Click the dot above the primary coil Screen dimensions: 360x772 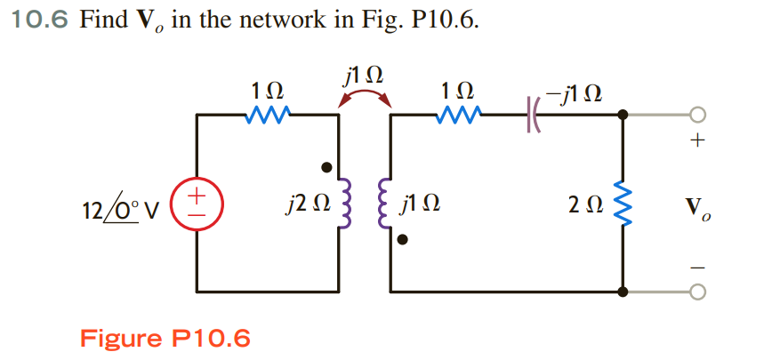[327, 166]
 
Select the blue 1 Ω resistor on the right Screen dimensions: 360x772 [460, 114]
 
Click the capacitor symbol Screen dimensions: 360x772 [535, 114]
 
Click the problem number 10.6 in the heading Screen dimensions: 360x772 [38, 20]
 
